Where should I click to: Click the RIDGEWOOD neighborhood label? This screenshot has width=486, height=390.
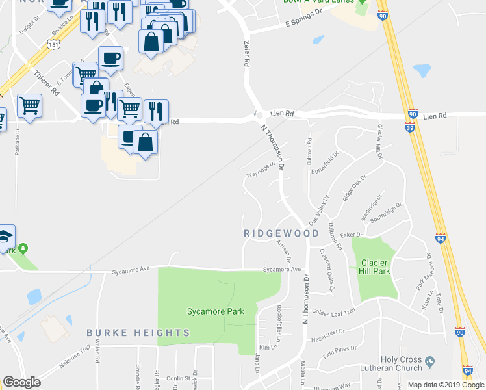tap(281, 233)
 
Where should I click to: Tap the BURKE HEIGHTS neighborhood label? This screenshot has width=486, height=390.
tap(138, 333)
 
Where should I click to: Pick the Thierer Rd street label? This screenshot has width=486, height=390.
tap(47, 83)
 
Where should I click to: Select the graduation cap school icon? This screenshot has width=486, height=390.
tap(6, 237)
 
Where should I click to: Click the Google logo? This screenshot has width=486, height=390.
tap(21, 382)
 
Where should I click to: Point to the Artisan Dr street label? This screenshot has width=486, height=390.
tap(285, 248)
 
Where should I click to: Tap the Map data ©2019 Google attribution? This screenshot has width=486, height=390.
tap(446, 385)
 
